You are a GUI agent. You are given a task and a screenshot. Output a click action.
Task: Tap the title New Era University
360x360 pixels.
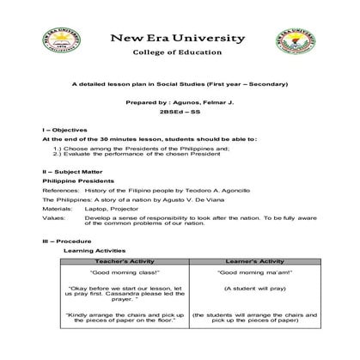pos(180,40)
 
